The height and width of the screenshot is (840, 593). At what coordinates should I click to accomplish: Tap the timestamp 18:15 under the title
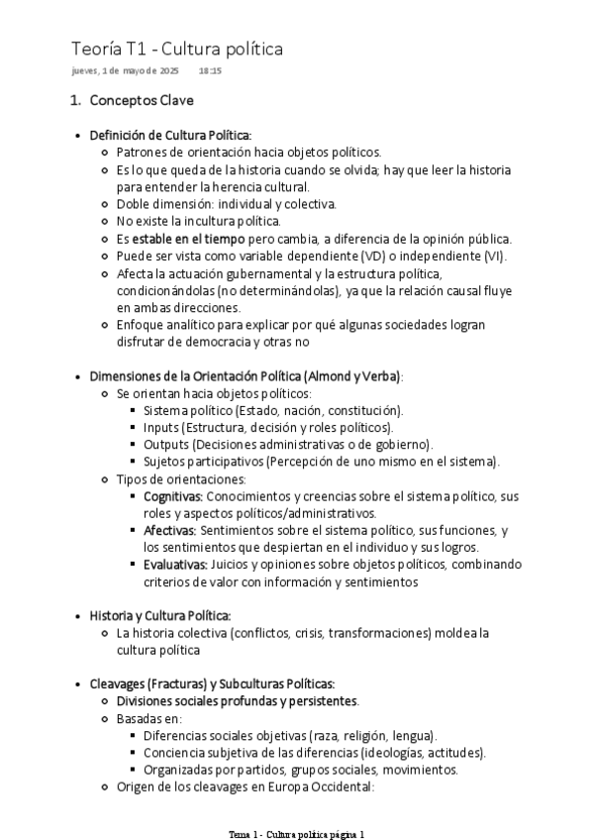(x=210, y=72)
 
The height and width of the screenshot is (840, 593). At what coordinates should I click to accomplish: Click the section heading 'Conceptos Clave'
(x=142, y=101)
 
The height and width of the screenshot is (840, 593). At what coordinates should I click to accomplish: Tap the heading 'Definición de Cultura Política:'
(x=170, y=135)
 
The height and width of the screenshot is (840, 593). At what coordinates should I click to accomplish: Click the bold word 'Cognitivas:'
(x=173, y=495)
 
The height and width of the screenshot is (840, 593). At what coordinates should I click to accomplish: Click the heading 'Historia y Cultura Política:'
(x=160, y=615)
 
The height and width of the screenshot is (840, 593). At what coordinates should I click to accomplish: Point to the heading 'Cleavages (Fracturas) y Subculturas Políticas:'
(x=212, y=683)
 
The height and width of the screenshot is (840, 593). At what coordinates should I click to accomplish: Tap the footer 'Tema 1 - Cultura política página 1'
(x=296, y=834)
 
